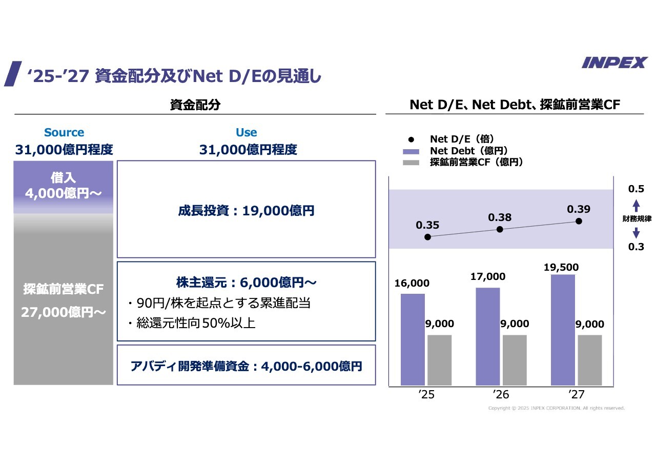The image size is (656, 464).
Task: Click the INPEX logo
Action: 614,63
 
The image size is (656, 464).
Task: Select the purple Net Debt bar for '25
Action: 413,339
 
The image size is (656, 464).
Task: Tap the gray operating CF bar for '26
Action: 515,360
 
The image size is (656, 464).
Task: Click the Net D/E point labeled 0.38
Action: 500,229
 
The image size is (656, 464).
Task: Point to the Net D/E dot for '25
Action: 427,237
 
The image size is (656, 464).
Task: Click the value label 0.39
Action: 579,209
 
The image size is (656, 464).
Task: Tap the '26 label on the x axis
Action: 501,395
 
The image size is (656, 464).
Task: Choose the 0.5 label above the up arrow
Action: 636,189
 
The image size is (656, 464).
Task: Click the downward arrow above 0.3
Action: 636,233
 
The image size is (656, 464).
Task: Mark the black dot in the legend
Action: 411,139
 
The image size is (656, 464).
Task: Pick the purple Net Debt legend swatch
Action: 411,151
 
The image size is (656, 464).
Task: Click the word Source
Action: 64,132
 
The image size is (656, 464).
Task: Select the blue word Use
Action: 246,132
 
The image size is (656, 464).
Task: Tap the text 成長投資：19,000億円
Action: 246,211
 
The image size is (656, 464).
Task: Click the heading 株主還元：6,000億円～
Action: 246,283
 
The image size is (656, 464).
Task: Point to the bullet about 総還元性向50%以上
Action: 195,324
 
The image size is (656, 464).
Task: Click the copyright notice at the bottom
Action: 556,408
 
